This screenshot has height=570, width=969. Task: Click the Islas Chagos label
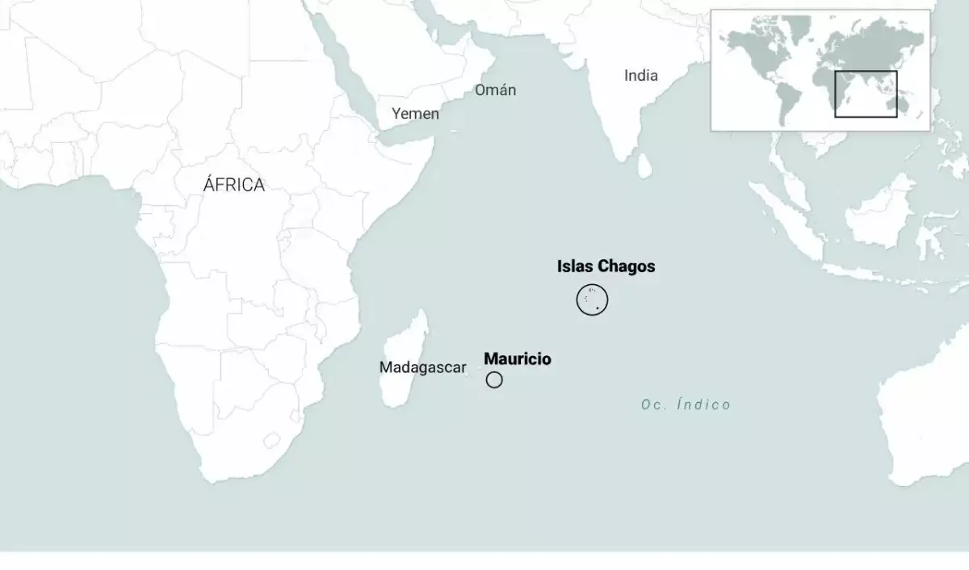[x=606, y=266]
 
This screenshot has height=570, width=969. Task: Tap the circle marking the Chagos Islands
[x=592, y=300]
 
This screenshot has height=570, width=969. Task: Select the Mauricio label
[x=518, y=359]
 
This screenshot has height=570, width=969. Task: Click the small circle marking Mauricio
[x=494, y=379]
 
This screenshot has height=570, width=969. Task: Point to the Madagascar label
[x=422, y=367]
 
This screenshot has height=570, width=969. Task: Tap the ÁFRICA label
[x=234, y=185]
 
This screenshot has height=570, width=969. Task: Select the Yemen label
[x=415, y=114]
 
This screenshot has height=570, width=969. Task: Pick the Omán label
[x=495, y=90]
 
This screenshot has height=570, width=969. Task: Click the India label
[x=641, y=76]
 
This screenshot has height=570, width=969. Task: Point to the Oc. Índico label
[x=686, y=404]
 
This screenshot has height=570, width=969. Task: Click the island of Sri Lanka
[x=645, y=166]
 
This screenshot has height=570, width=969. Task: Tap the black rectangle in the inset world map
[x=866, y=94]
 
